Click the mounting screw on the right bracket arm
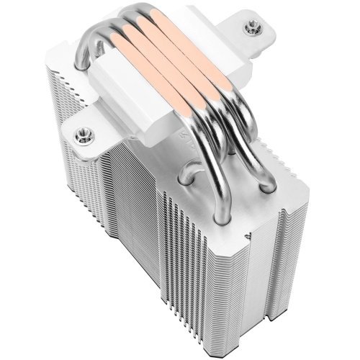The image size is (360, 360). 254,30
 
